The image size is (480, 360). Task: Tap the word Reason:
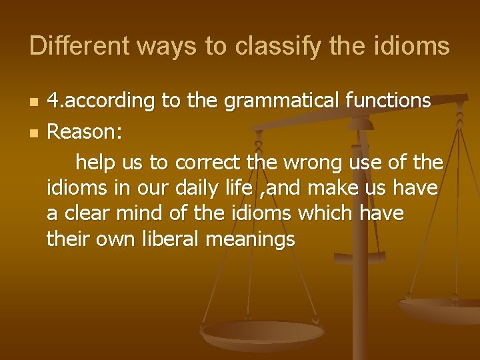[x=84, y=132]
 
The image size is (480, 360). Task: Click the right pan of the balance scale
[x=440, y=309]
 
